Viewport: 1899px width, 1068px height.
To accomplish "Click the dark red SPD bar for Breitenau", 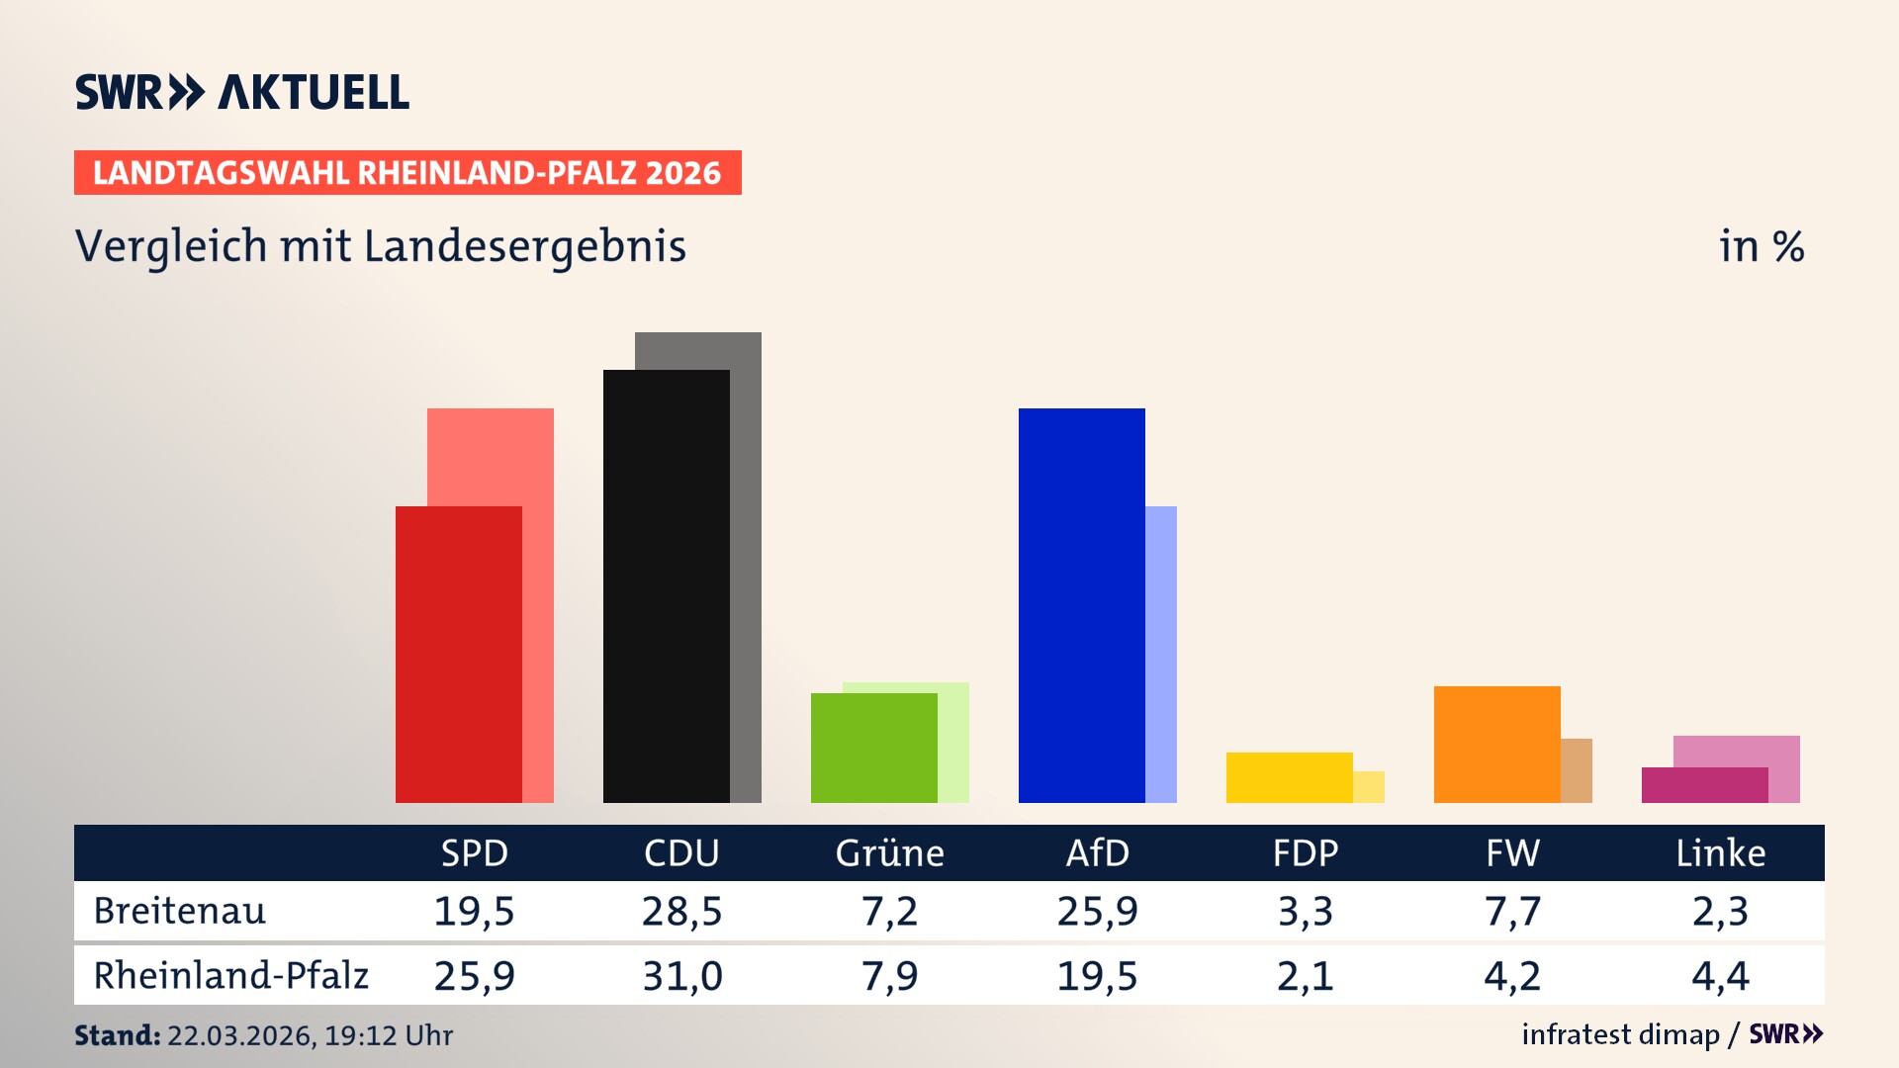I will point(458,654).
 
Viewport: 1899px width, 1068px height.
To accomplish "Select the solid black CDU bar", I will point(666,585).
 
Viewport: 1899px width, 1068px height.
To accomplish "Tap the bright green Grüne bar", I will point(873,748).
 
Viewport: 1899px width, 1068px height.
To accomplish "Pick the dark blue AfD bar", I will point(1081,604).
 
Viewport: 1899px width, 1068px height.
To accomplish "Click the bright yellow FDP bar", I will point(1289,777).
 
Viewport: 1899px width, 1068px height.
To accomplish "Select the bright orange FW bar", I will point(1496,744).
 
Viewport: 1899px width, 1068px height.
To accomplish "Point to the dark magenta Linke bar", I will point(1704,785).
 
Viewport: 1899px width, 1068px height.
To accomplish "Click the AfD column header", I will point(1097,852).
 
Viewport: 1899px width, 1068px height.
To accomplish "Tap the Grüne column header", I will point(889,852).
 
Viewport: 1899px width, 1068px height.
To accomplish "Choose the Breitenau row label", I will point(180,911).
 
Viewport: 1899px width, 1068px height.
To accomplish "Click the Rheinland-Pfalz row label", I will point(230,976).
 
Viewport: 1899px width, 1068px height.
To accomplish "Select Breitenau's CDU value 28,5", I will point(681,911).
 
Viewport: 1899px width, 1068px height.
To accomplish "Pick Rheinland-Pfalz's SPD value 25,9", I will point(474,976).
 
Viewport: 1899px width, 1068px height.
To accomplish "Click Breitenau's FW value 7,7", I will point(1512,911).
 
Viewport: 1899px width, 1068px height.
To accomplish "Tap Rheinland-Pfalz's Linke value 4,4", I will point(1720,976).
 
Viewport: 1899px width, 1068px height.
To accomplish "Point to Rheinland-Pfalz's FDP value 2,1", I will point(1305,976).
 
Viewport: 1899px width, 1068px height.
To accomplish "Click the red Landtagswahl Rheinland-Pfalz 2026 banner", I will point(407,173).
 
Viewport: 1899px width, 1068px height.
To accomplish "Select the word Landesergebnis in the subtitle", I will point(524,246).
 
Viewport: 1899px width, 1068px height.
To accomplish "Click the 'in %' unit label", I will point(1761,246).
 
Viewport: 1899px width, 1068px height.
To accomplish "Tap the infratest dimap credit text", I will point(1620,1034).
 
